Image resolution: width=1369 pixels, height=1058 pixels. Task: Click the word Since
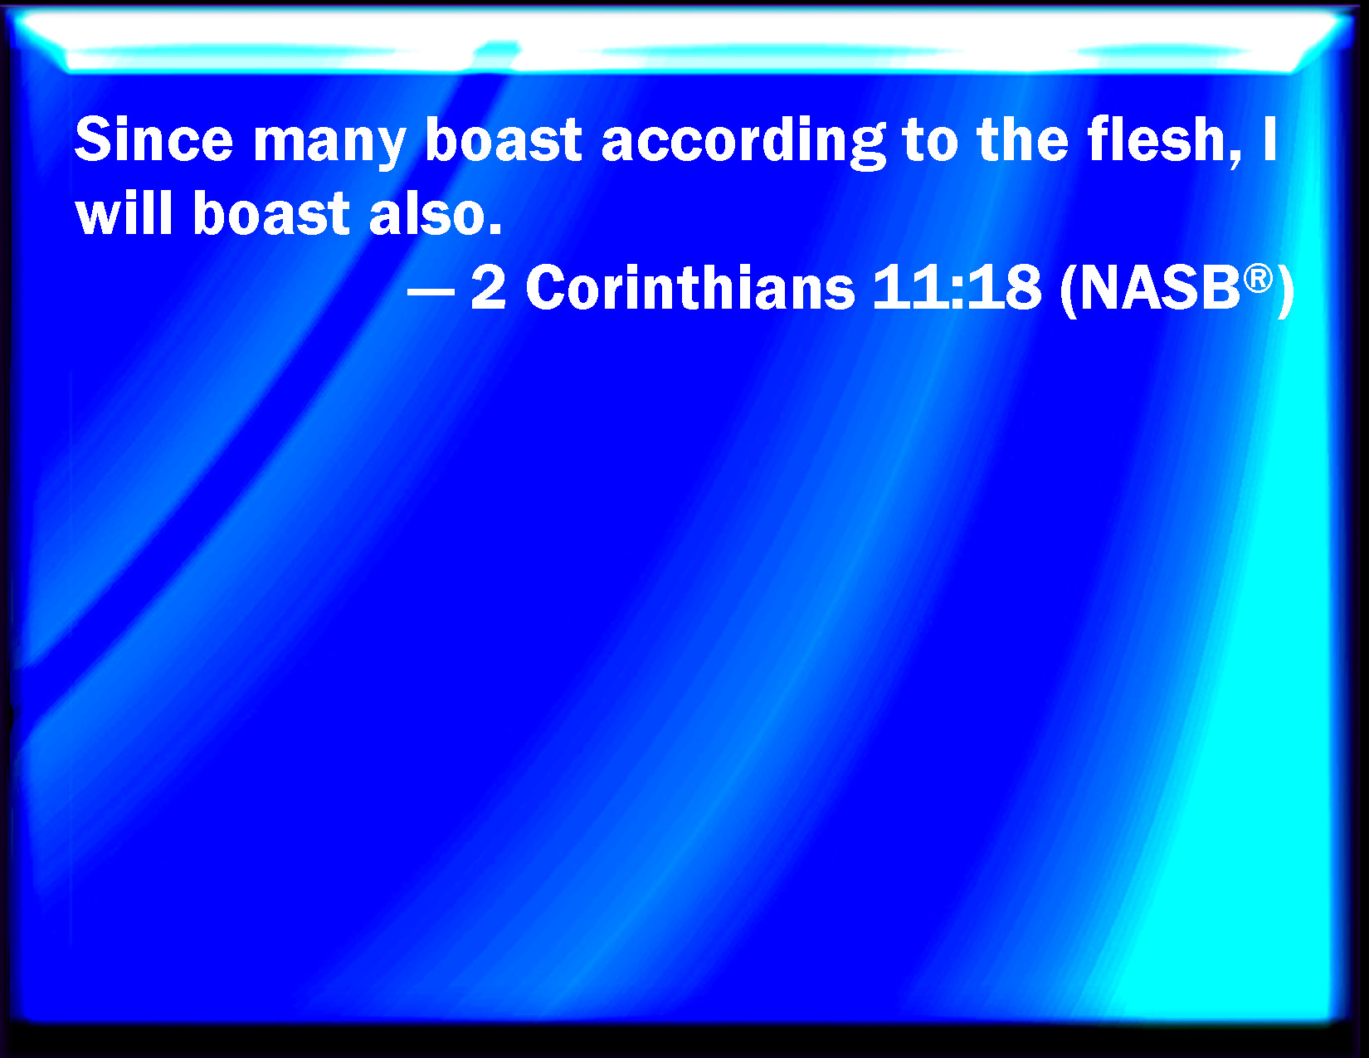(153, 139)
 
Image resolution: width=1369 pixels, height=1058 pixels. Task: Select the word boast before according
(504, 139)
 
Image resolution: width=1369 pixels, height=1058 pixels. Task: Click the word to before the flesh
(930, 140)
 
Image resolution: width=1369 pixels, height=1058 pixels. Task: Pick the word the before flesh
(1023, 139)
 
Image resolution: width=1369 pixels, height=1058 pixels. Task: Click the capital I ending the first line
(1269, 139)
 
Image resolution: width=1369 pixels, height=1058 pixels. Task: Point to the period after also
(495, 229)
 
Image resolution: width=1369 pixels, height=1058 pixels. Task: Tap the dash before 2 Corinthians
(431, 290)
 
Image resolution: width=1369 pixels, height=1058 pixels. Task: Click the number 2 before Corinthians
(488, 287)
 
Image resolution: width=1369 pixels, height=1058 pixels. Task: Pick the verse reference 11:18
(957, 287)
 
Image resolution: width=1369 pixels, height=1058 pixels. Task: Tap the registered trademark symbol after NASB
(1258, 278)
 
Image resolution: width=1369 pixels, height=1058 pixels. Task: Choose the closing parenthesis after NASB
(1286, 290)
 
